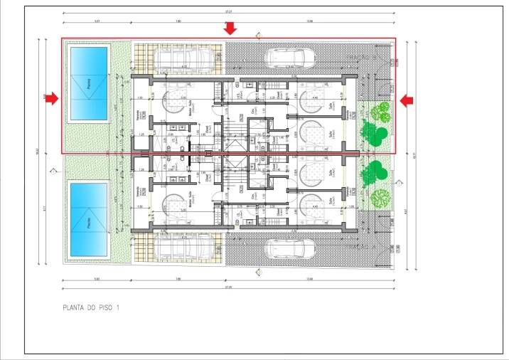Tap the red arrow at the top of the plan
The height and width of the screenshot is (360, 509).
(230, 28)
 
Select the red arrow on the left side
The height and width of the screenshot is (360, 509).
(52, 100)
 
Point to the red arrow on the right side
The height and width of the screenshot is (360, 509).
(407, 101)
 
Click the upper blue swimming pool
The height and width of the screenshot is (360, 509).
(89, 84)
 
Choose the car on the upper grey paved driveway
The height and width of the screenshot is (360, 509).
(291, 58)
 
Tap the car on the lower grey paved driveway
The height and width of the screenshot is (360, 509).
(291, 248)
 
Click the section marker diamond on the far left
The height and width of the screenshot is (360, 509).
(53, 171)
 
